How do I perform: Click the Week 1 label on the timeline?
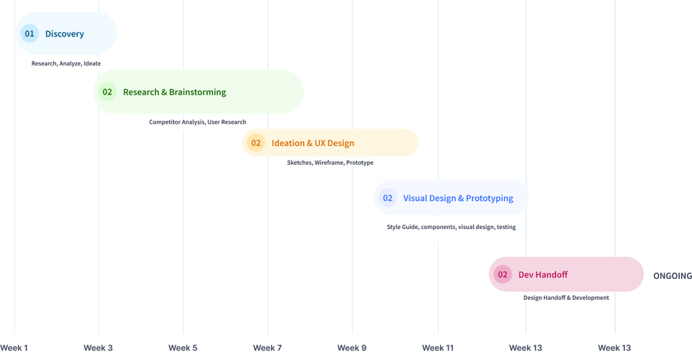(x=14, y=348)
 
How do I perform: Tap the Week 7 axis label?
(x=267, y=348)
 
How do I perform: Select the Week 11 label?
(x=438, y=348)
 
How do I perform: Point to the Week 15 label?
(x=614, y=348)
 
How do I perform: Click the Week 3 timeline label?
(x=98, y=348)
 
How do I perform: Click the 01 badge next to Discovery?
(x=29, y=33)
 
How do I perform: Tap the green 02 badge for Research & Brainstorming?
(x=107, y=92)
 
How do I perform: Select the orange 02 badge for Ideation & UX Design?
(x=255, y=143)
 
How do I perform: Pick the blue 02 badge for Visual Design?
(x=387, y=198)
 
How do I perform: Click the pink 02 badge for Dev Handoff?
(x=502, y=275)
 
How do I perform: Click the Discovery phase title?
(x=64, y=34)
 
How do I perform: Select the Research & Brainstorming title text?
(x=174, y=92)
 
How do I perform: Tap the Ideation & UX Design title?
(x=313, y=143)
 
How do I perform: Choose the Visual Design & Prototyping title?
(x=458, y=198)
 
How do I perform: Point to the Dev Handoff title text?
(x=543, y=275)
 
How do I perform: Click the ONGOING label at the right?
(x=672, y=276)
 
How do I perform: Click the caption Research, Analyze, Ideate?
(x=66, y=63)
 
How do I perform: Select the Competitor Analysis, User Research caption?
(x=197, y=122)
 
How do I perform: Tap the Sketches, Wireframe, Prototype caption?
(x=330, y=163)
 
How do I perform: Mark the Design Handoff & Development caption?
(x=566, y=298)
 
